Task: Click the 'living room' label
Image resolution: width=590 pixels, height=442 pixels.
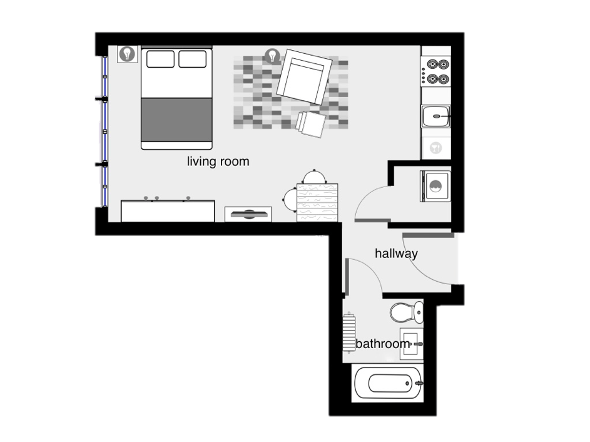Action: [218, 162]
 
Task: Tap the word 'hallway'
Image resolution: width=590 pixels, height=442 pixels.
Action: [396, 254]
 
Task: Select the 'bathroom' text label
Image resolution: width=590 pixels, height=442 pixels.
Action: [383, 344]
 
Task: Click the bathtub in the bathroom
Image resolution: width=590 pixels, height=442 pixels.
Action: [389, 383]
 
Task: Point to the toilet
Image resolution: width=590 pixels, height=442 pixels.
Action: [407, 312]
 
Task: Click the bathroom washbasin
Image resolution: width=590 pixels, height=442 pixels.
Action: [411, 344]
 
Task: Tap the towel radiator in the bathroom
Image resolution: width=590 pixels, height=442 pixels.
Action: [349, 332]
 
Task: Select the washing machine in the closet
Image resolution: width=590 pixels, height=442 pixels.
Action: [435, 186]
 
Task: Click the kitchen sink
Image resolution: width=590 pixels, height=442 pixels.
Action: [435, 116]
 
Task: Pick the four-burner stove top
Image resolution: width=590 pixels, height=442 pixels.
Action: [435, 71]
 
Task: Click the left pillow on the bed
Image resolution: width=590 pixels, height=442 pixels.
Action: [160, 59]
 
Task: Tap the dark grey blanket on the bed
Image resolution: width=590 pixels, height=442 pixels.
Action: [176, 120]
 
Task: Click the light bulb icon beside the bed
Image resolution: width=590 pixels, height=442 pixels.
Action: [127, 54]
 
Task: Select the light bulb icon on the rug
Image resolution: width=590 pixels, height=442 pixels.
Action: [272, 56]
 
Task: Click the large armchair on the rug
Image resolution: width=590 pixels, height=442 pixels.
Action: [305, 77]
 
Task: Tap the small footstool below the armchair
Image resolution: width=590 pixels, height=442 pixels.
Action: [311, 124]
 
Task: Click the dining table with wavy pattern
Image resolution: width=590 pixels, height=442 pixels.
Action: [317, 203]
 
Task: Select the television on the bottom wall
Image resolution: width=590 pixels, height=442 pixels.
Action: [248, 214]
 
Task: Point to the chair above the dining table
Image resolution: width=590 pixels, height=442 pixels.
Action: [315, 177]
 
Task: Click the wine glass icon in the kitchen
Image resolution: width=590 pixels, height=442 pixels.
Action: [435, 148]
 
